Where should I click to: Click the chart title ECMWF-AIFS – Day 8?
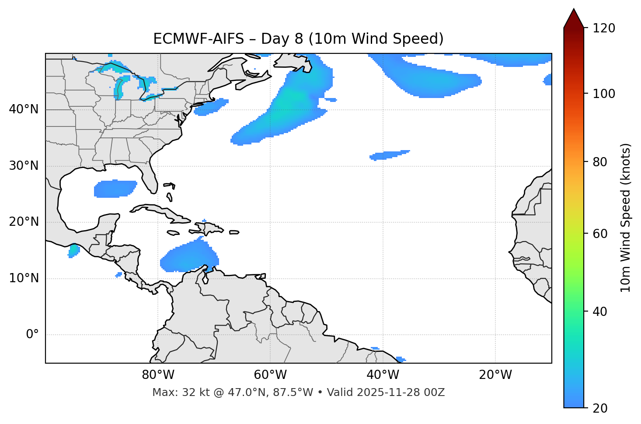click(x=298, y=39)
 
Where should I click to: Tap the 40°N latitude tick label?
click(x=24, y=109)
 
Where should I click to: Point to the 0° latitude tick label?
click(x=32, y=335)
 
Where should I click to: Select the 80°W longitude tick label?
click(x=158, y=375)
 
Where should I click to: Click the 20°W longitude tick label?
click(x=495, y=375)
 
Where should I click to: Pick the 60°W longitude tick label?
click(x=270, y=375)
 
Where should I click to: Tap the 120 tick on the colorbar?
click(x=604, y=28)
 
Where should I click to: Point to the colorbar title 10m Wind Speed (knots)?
click(x=626, y=218)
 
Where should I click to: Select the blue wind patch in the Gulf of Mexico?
click(x=115, y=189)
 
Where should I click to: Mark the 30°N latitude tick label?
click(x=24, y=166)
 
